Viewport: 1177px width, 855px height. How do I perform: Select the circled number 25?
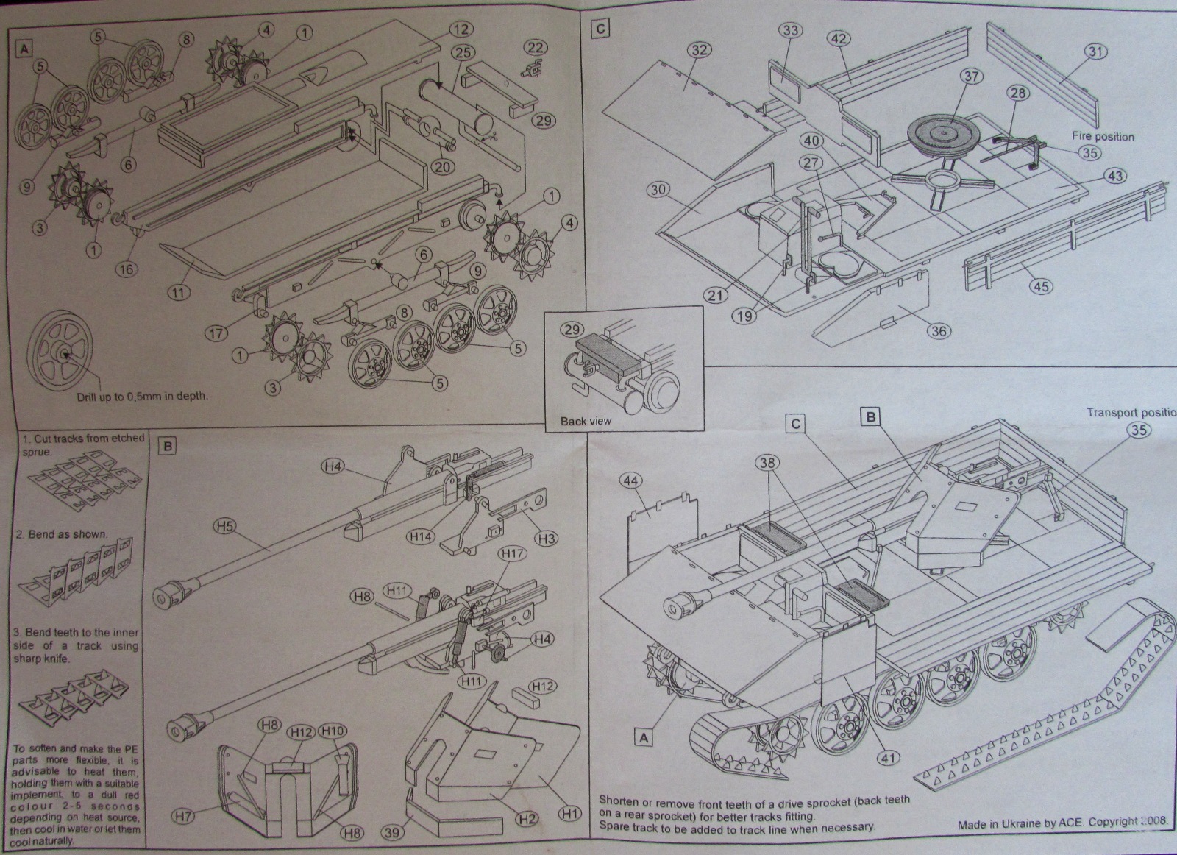[462, 53]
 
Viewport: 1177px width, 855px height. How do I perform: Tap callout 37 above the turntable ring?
[972, 77]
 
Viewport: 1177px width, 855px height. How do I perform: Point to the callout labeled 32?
[700, 49]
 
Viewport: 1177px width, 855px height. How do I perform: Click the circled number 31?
[1097, 52]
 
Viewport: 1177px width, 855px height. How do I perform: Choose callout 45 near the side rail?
[1040, 286]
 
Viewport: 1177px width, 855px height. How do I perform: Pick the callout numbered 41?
[889, 756]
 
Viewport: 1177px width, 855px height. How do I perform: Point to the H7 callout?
[185, 815]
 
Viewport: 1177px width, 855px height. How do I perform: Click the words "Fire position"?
[1102, 136]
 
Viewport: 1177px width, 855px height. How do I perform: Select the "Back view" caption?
[585, 421]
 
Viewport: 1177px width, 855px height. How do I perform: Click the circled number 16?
[127, 269]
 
